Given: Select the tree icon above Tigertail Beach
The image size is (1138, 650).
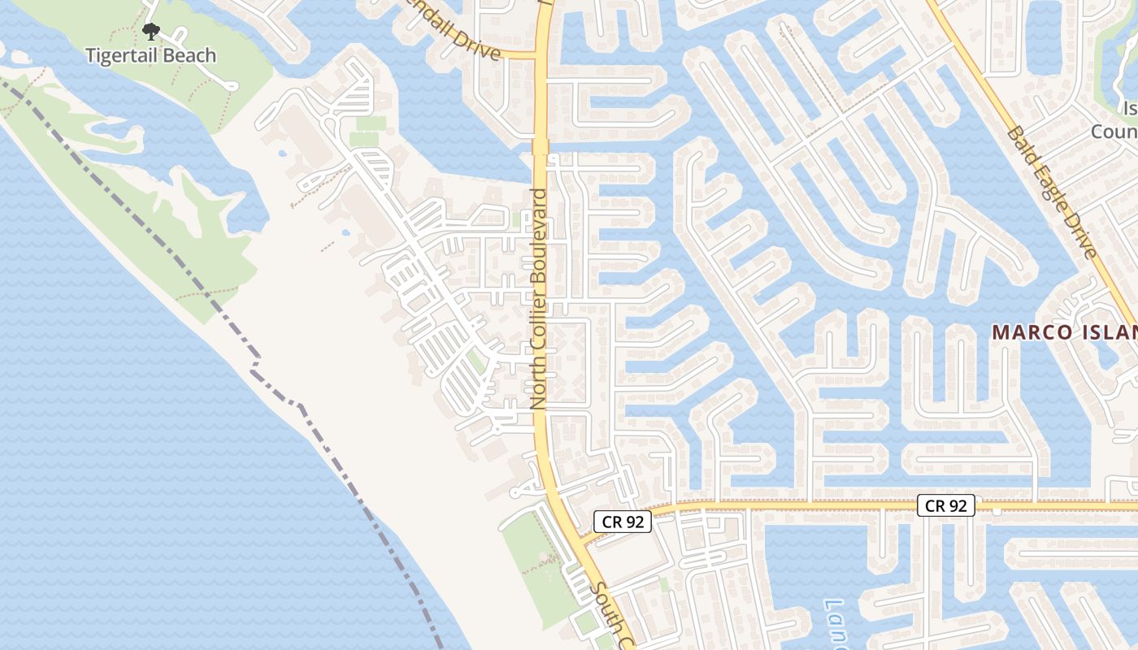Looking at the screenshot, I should coord(150,32).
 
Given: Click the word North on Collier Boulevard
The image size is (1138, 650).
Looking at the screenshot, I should coord(537,381).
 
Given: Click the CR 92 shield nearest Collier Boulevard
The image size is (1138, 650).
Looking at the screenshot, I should coord(623,522).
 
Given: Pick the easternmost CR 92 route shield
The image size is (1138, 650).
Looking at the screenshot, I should coord(946,505).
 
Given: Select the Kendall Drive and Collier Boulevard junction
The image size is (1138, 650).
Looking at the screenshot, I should coord(540,55).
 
